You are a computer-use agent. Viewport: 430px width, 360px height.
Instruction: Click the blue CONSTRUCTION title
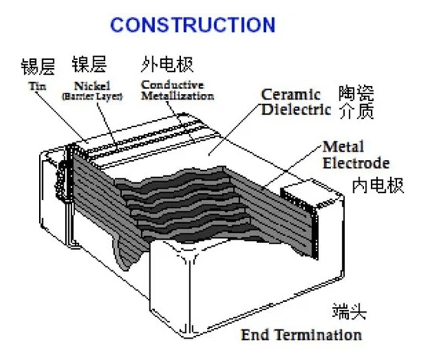[192, 25]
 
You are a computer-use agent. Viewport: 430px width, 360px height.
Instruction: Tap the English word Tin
[38, 87]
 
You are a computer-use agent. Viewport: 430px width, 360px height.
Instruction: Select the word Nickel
[92, 86]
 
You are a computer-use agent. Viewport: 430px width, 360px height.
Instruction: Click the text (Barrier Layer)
[92, 97]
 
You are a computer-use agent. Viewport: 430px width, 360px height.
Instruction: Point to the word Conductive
[172, 85]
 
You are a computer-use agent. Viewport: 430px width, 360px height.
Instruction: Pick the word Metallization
[177, 96]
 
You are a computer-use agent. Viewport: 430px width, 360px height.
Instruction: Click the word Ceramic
[290, 95]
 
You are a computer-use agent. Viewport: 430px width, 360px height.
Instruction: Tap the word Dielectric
[296, 110]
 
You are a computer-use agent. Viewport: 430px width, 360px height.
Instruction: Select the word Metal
[343, 146]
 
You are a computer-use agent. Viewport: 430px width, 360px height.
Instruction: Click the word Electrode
[356, 163]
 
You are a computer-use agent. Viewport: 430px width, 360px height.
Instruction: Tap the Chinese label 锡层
[38, 67]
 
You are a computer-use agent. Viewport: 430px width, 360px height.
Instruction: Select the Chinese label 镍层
[89, 64]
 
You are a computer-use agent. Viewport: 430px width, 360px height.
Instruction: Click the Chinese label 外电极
[167, 64]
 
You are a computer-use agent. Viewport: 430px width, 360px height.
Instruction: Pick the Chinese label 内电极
[378, 185]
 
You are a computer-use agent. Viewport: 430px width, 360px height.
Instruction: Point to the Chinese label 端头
[350, 312]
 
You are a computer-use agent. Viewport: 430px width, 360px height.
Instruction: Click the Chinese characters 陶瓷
[356, 93]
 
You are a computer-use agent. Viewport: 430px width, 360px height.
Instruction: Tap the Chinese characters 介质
[356, 111]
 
